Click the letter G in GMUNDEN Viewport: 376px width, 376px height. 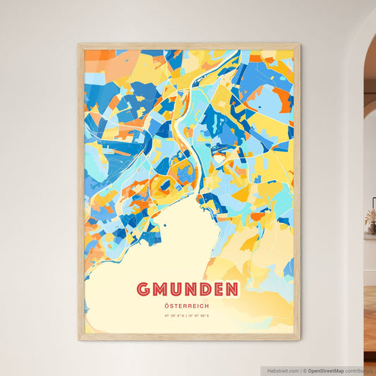pyautogui.click(x=143, y=289)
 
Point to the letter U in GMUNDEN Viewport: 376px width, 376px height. pyautogui.click(x=176, y=289)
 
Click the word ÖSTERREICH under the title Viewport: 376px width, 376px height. pyautogui.click(x=188, y=305)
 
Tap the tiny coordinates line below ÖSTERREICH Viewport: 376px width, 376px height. pyautogui.click(x=188, y=315)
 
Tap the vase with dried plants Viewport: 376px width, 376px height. pyautogui.click(x=370, y=222)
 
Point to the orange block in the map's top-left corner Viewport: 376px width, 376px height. pyautogui.click(x=96, y=55)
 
